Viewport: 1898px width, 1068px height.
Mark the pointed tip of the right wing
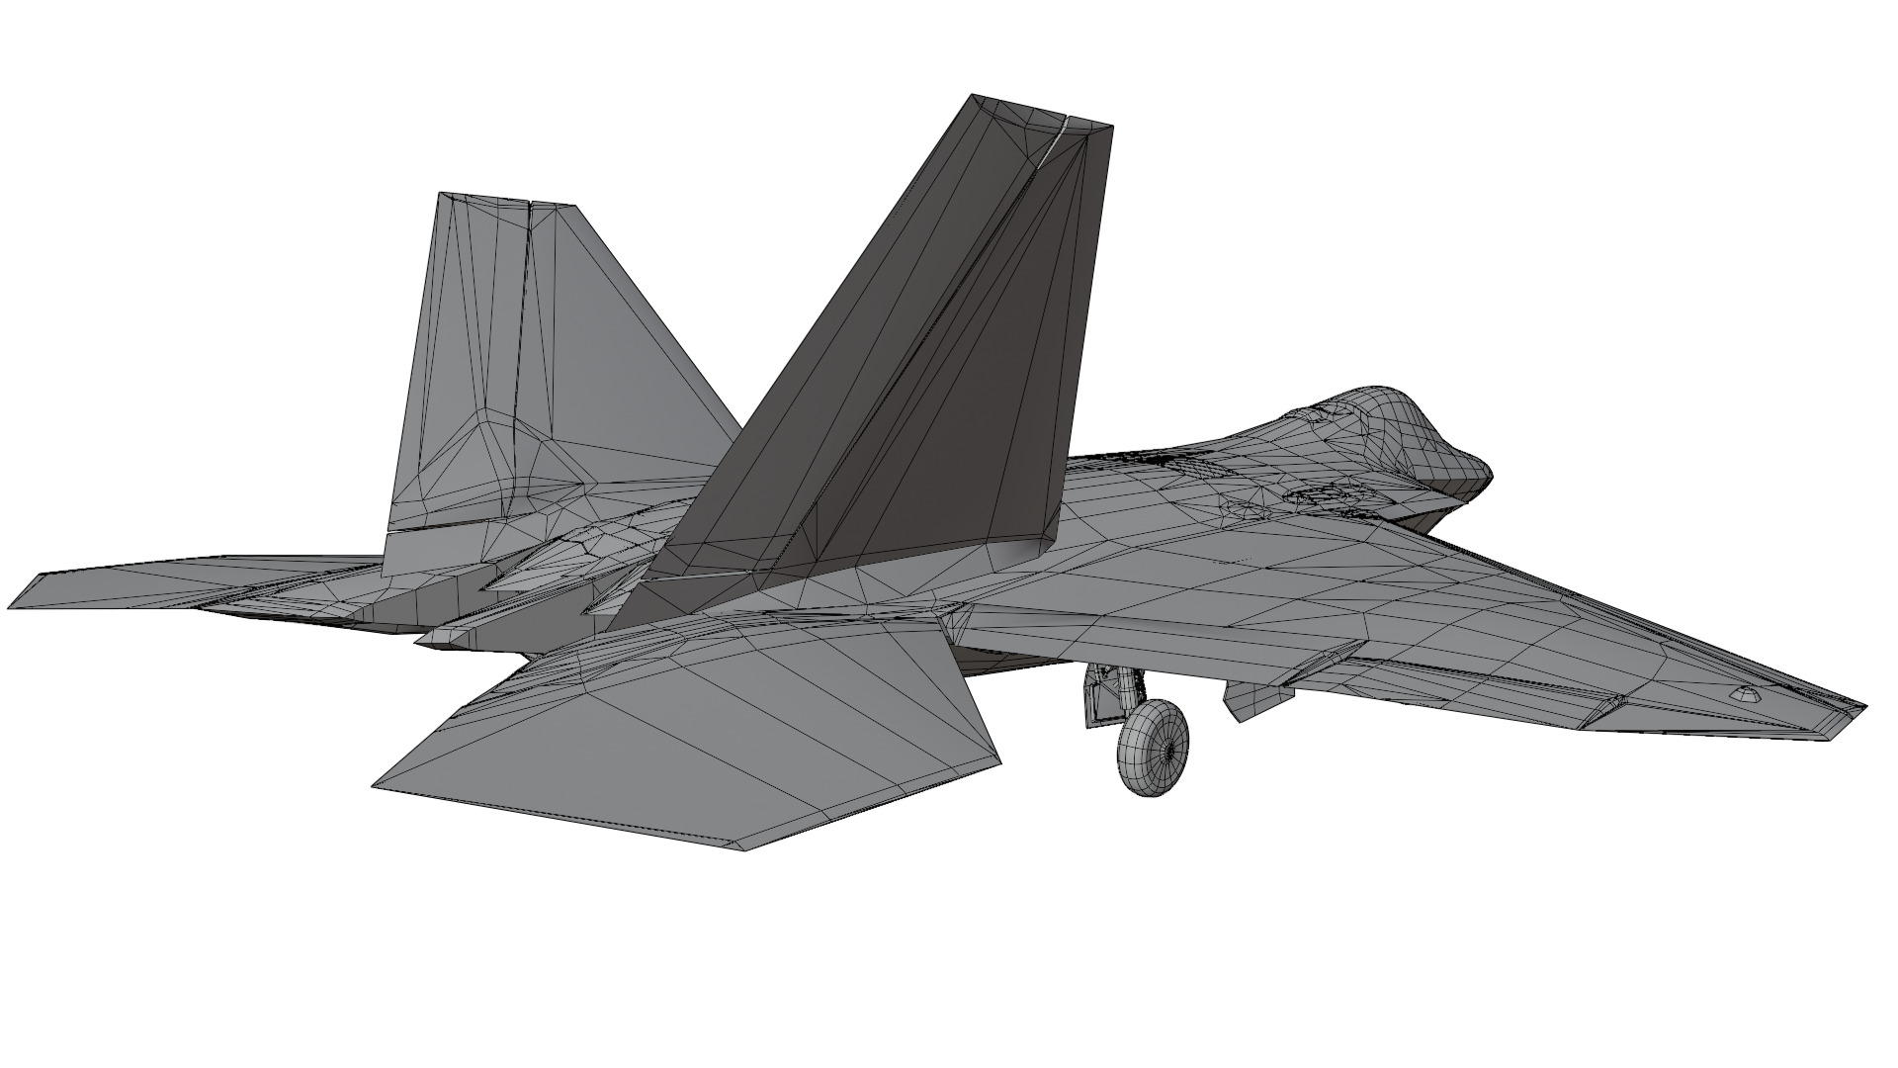click(1862, 708)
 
